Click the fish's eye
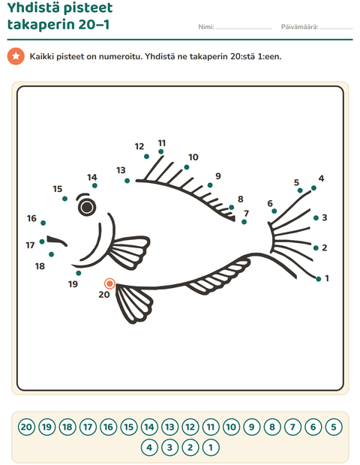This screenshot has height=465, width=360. (x=87, y=207)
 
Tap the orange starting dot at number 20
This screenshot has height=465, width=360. (x=109, y=283)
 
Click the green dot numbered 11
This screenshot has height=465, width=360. (x=160, y=151)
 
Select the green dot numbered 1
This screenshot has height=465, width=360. (x=319, y=279)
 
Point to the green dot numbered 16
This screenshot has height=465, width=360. (x=43, y=223)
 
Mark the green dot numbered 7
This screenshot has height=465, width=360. (x=244, y=222)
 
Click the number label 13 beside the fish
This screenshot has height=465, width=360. (x=121, y=170)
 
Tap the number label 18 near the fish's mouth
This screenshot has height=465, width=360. (x=40, y=266)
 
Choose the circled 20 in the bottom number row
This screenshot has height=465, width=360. (x=26, y=427)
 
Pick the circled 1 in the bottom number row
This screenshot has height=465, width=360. (x=211, y=447)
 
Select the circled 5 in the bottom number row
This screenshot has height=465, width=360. (x=334, y=427)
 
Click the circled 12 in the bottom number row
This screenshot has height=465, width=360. (x=190, y=427)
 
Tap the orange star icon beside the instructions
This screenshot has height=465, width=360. (x=16, y=56)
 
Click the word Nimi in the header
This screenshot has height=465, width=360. (x=206, y=27)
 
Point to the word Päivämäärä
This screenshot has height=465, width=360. (x=300, y=27)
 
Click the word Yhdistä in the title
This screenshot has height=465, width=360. (x=34, y=7)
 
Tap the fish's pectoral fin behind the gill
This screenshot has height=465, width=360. (x=129, y=252)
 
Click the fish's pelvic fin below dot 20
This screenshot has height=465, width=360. (x=133, y=303)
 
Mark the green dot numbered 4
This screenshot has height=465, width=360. (x=313, y=188)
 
